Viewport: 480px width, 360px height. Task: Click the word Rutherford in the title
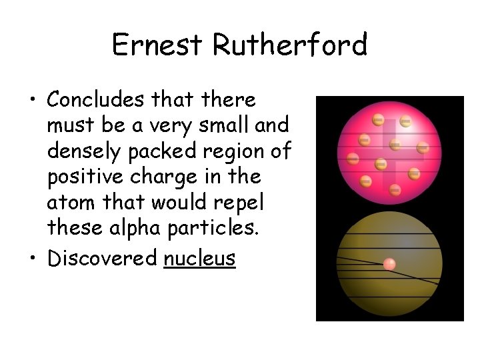[x=290, y=45]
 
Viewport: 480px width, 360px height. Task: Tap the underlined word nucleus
[x=199, y=258]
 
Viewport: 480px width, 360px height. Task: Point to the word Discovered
[x=102, y=258]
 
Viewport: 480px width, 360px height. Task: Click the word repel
[x=248, y=203]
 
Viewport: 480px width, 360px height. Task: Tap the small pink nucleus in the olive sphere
[x=389, y=264]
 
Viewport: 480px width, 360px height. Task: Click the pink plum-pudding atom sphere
[x=390, y=151]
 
